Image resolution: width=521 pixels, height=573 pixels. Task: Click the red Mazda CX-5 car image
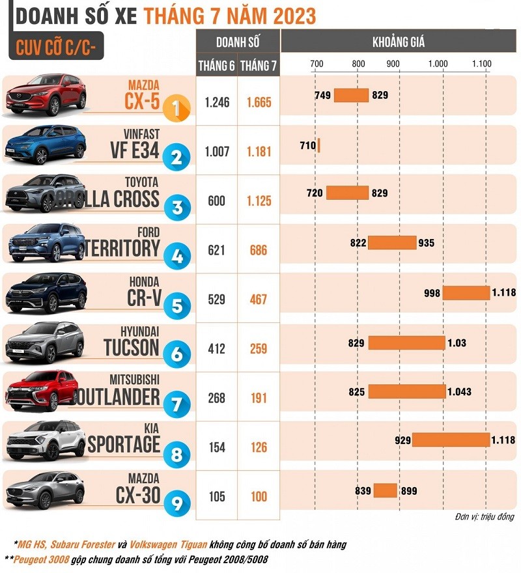pos(46,96)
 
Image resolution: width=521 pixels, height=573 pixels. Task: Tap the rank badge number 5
pos(176,305)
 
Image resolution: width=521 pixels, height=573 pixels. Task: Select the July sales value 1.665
pos(259,103)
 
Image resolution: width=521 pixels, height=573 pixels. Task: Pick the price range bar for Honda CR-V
pos(466,293)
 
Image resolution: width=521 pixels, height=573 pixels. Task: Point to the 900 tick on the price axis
pos(393,64)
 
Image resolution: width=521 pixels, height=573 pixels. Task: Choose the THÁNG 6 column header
pos(216,64)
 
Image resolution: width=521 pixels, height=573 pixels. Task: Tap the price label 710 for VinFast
pos(307,145)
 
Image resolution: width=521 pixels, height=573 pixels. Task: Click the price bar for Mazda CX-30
pos(385,491)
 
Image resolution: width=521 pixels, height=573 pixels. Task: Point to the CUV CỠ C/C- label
pos(55,48)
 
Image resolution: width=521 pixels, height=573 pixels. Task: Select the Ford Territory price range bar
pos(392,243)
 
